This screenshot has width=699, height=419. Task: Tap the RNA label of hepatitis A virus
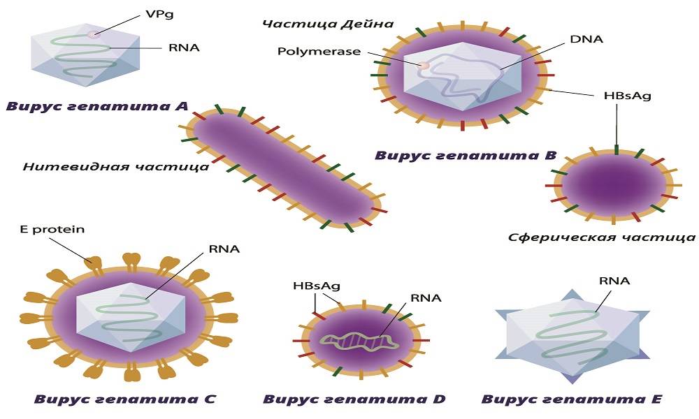pyautogui.click(x=184, y=47)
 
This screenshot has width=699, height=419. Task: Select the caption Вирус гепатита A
pyautogui.click(x=96, y=107)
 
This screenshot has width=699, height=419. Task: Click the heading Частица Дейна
pyautogui.click(x=328, y=24)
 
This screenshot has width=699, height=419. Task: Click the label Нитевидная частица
pyautogui.click(x=115, y=167)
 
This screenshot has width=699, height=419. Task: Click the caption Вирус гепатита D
pyautogui.click(x=354, y=399)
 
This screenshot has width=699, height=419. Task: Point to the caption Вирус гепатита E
pyautogui.click(x=571, y=399)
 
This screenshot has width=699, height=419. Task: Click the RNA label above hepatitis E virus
pyautogui.click(x=614, y=281)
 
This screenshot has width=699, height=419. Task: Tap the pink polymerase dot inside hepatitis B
pyautogui.click(x=424, y=65)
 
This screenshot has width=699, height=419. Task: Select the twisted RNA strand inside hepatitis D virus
pyautogui.click(x=357, y=340)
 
